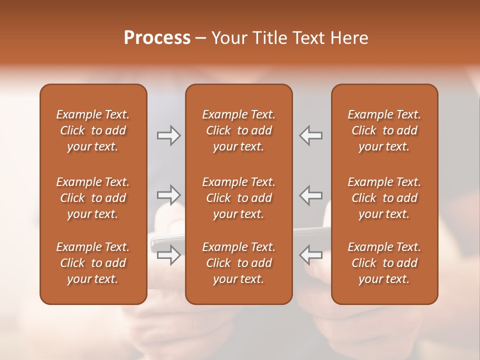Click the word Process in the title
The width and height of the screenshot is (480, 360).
(x=157, y=38)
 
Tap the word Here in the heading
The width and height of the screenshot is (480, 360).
(x=349, y=38)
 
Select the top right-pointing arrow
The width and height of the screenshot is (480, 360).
(x=168, y=135)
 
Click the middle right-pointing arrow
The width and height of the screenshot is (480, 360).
(x=168, y=195)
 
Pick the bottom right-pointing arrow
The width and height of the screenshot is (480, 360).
(x=168, y=254)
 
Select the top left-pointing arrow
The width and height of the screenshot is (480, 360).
(x=311, y=135)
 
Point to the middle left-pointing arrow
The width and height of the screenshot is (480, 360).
(x=311, y=195)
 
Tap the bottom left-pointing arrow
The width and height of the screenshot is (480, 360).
(x=311, y=254)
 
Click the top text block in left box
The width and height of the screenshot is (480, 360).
(x=93, y=130)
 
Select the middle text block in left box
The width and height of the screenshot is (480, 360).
(x=93, y=198)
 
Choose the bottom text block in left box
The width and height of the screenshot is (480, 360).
(x=93, y=263)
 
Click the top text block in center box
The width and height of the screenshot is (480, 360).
(x=239, y=130)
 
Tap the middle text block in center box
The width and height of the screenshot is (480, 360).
(x=239, y=198)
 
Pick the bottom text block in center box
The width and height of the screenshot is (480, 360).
(x=239, y=263)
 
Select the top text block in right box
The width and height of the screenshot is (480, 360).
(x=384, y=130)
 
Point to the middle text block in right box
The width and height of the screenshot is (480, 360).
(x=384, y=198)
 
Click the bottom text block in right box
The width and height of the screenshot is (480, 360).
(x=384, y=263)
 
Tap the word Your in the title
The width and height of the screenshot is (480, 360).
(x=229, y=38)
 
